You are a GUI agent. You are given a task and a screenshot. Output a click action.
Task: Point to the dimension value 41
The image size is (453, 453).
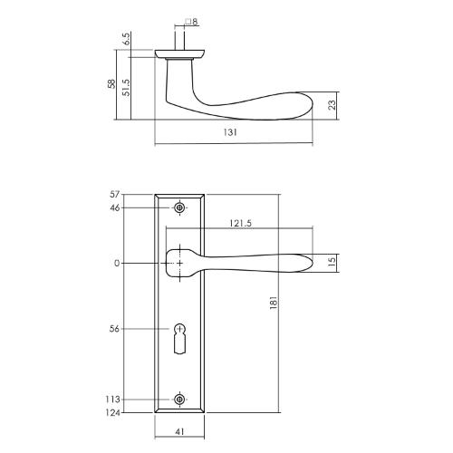(181, 433)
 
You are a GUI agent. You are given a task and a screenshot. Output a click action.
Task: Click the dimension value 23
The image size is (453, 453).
(334, 104)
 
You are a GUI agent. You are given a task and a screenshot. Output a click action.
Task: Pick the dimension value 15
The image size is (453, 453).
(333, 262)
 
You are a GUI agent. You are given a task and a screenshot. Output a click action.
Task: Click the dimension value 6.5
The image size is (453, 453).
(126, 42)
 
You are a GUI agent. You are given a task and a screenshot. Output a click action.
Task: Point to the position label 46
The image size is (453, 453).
(114, 208)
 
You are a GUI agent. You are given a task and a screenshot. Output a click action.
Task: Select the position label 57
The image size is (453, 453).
(114, 195)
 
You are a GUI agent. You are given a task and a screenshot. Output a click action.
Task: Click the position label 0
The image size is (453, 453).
(117, 264)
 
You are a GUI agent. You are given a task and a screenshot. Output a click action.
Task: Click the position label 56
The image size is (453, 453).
(114, 329)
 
